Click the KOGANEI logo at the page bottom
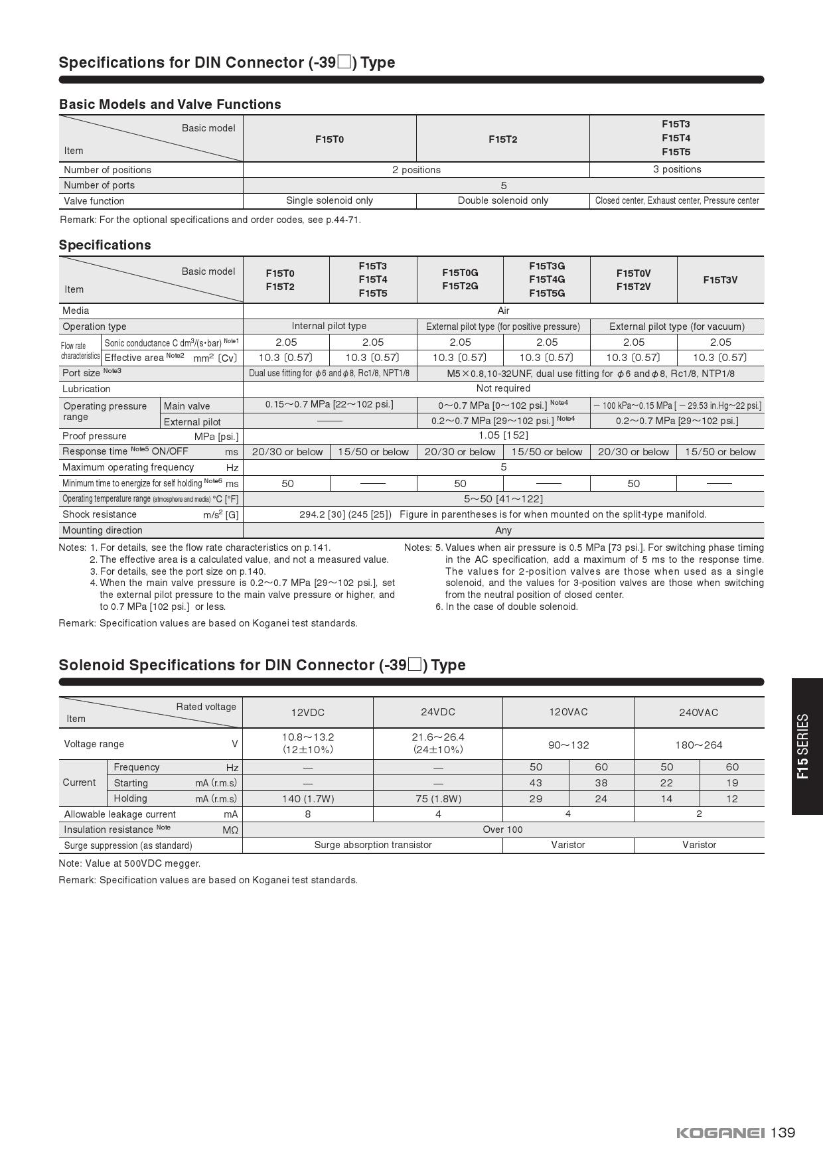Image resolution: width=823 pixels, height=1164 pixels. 720,1133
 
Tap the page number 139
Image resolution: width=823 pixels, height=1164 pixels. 783,1132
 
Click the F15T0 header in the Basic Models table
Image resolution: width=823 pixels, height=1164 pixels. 329,139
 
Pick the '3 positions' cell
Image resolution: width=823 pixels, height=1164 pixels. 676,169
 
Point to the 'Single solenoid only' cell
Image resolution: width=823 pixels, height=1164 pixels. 329,200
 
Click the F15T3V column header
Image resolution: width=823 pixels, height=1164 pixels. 720,280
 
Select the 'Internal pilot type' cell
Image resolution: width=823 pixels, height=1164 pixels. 329,326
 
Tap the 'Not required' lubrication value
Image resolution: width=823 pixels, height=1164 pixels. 503,388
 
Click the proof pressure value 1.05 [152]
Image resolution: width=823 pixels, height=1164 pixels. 503,435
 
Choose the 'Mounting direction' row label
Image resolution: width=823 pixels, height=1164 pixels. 102,530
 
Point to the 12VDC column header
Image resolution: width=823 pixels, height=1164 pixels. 308,712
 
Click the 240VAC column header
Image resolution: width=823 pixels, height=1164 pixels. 698,712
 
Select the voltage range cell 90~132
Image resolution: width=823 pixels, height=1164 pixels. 568,745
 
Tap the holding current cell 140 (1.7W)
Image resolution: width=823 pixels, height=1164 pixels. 308,798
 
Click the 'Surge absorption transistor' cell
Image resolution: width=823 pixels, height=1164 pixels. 373,845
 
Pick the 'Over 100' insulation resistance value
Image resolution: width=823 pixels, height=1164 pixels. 503,830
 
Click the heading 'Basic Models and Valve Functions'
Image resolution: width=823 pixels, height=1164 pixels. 170,104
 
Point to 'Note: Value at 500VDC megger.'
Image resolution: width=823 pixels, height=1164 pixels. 129,863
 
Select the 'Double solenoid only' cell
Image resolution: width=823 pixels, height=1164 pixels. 503,200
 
